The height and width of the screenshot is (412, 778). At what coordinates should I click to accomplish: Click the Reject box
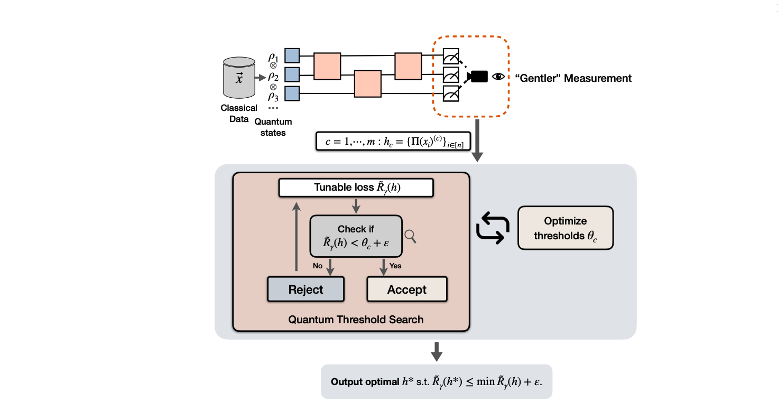[305, 289]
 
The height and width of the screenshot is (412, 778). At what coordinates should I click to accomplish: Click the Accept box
[406, 289]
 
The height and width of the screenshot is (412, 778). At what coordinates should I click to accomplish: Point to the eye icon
[498, 77]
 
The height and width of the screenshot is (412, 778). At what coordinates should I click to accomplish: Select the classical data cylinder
[239, 78]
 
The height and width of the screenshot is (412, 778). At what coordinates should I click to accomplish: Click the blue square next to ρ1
[292, 55]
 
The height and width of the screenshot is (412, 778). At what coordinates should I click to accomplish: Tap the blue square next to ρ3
[292, 94]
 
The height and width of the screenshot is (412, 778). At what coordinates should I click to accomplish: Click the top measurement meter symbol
[451, 56]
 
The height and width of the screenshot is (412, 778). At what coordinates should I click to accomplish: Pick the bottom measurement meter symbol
[451, 94]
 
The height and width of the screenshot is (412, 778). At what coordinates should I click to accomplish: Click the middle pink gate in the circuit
[368, 83]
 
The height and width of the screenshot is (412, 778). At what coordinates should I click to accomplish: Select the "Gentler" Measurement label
[573, 78]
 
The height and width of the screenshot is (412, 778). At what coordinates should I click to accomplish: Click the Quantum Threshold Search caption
[356, 320]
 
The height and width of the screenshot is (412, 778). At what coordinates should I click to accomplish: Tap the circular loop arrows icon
[492, 229]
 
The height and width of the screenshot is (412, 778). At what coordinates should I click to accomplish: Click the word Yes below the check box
[395, 266]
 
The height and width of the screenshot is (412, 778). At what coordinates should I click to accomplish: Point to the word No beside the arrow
[318, 266]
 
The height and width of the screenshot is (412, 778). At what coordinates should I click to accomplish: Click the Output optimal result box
[436, 381]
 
